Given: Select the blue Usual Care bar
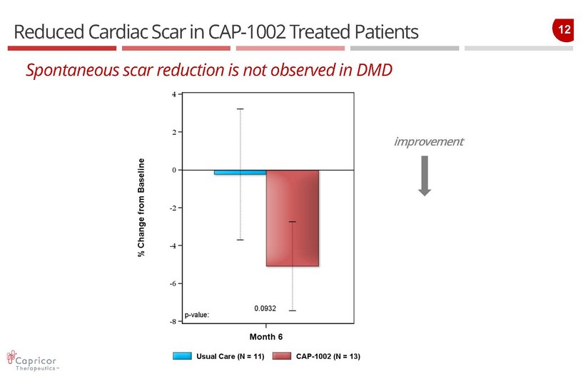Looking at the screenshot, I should (x=240, y=172).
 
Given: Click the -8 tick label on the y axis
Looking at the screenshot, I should (x=172, y=322).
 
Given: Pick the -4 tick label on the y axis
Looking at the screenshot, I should (x=172, y=246).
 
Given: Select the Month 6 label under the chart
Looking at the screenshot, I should (x=266, y=336).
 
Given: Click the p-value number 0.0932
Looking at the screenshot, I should (x=265, y=308).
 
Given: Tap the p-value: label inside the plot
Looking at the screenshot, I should (x=197, y=314).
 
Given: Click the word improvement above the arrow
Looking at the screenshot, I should (x=428, y=141).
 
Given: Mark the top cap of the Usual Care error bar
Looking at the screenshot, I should (x=240, y=108).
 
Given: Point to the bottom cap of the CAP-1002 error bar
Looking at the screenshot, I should (x=292, y=310).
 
